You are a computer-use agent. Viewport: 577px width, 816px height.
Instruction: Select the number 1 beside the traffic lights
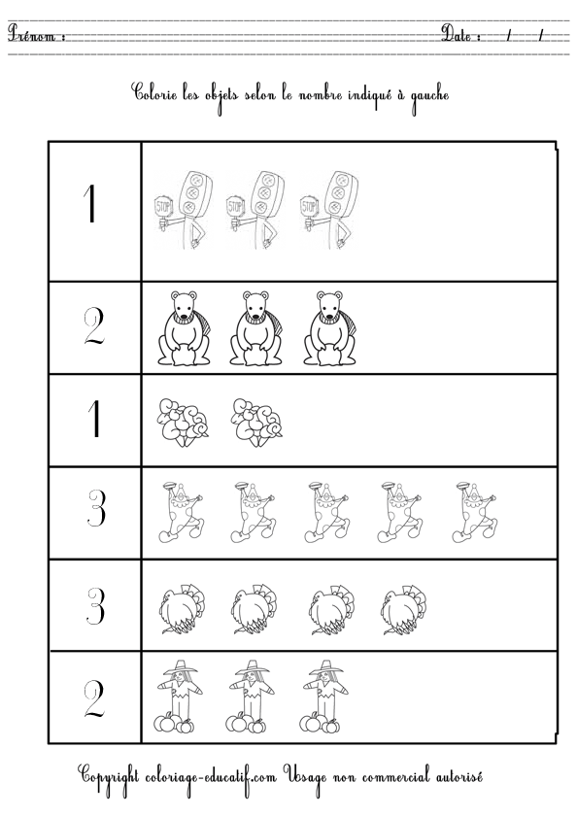[x=93, y=207]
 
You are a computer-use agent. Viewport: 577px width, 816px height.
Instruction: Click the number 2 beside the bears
[x=93, y=328]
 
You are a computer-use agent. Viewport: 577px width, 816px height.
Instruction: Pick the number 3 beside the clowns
[x=93, y=510]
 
